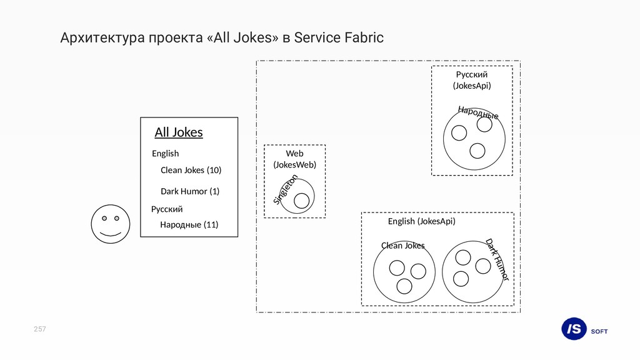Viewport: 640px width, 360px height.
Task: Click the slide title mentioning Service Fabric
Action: [222, 38]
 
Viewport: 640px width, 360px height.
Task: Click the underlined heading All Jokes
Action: [179, 132]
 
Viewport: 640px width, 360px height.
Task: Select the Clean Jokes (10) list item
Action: [191, 170]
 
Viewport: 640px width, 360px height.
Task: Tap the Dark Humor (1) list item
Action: [190, 191]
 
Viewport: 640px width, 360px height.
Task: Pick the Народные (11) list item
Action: [189, 224]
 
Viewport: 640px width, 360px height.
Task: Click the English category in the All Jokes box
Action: [165, 153]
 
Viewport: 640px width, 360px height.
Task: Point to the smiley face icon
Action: [110, 224]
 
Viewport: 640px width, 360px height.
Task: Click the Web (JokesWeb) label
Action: [294, 159]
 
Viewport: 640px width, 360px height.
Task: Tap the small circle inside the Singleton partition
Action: [302, 201]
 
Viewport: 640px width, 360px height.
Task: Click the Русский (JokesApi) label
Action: [472, 80]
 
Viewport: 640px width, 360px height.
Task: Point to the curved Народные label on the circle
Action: [478, 112]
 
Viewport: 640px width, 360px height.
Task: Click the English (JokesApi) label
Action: [421, 221]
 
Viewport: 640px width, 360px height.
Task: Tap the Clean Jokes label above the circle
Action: [402, 246]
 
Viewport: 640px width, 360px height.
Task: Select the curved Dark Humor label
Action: [498, 259]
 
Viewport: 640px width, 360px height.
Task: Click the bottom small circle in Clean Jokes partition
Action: [404, 286]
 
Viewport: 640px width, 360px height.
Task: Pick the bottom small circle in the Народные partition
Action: [477, 151]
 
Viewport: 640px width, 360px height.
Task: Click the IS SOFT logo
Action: [584, 329]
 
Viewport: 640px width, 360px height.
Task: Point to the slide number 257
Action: [40, 329]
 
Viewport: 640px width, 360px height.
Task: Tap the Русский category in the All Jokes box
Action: [167, 209]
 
